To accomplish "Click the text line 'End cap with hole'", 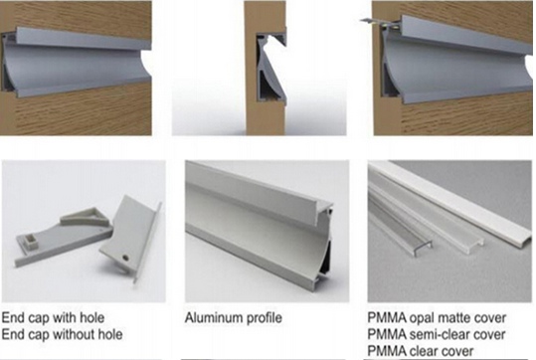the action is click(53, 318).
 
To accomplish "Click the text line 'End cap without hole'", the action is click(62, 334).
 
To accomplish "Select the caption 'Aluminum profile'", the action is click(234, 318).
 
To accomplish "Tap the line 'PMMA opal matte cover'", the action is click(437, 318).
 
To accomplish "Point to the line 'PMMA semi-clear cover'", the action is click(437, 334).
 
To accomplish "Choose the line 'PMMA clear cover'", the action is click(421, 351).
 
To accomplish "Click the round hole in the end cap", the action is click(125, 257).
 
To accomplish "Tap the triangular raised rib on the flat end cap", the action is click(86, 217).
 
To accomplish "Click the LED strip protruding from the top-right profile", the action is click(380, 22).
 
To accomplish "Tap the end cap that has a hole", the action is click(131, 240).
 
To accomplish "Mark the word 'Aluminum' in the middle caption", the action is click(212, 318).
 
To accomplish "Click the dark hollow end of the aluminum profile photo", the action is click(325, 257).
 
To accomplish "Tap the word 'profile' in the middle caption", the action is click(263, 318).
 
